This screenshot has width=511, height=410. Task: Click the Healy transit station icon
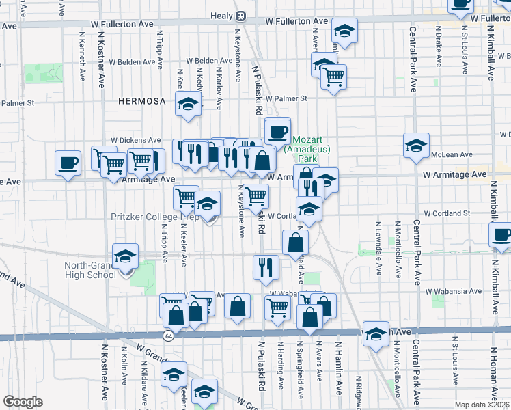(240, 16)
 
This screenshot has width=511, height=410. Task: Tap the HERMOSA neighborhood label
(141, 101)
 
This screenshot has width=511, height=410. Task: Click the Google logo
(23, 402)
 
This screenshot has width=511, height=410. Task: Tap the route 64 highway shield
(168, 336)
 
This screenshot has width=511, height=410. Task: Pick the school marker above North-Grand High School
(125, 256)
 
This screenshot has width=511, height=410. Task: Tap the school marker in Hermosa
(187, 105)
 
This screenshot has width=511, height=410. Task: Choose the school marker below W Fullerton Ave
(344, 31)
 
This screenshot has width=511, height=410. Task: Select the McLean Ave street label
(456, 155)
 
